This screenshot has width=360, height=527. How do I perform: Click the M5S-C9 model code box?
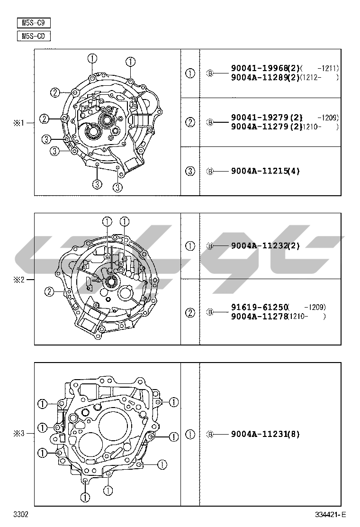34,23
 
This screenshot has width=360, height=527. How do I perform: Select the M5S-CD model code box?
34,36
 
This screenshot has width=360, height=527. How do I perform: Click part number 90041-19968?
259,68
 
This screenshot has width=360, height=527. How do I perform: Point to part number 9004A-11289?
259,77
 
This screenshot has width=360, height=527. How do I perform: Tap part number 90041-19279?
259,118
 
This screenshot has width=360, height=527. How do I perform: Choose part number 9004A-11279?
259,127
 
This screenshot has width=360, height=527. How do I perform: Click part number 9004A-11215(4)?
265,171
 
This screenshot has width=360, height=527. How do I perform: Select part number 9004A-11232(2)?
265,245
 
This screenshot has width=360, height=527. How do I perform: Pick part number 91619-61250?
259,307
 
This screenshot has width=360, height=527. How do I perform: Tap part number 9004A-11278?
259,316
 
